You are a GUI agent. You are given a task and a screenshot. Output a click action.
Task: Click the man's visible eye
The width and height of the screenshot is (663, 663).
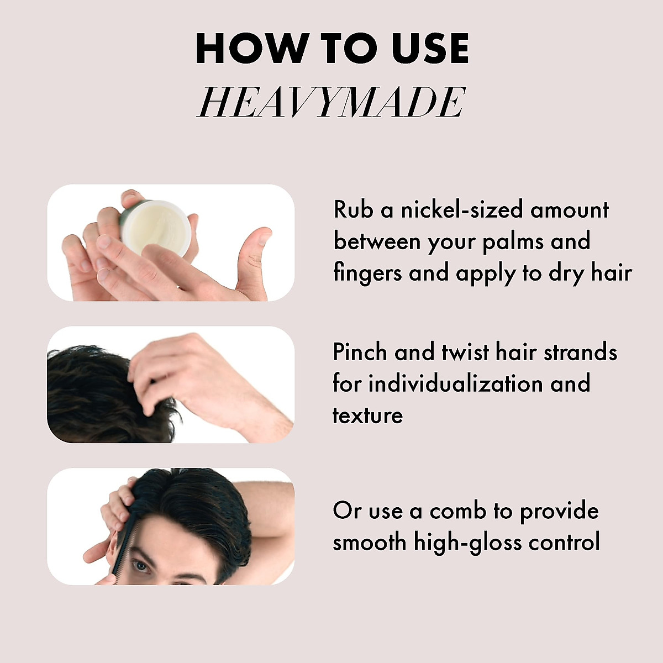[x=142, y=565]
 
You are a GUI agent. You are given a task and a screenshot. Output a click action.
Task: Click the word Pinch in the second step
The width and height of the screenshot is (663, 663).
[x=360, y=352]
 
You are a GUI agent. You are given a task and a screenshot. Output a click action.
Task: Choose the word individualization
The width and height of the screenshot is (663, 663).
[x=456, y=383]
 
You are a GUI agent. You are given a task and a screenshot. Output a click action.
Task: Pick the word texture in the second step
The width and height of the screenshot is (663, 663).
[x=367, y=415]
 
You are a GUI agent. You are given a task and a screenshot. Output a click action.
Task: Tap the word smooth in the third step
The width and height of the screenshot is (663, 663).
[x=369, y=542]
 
